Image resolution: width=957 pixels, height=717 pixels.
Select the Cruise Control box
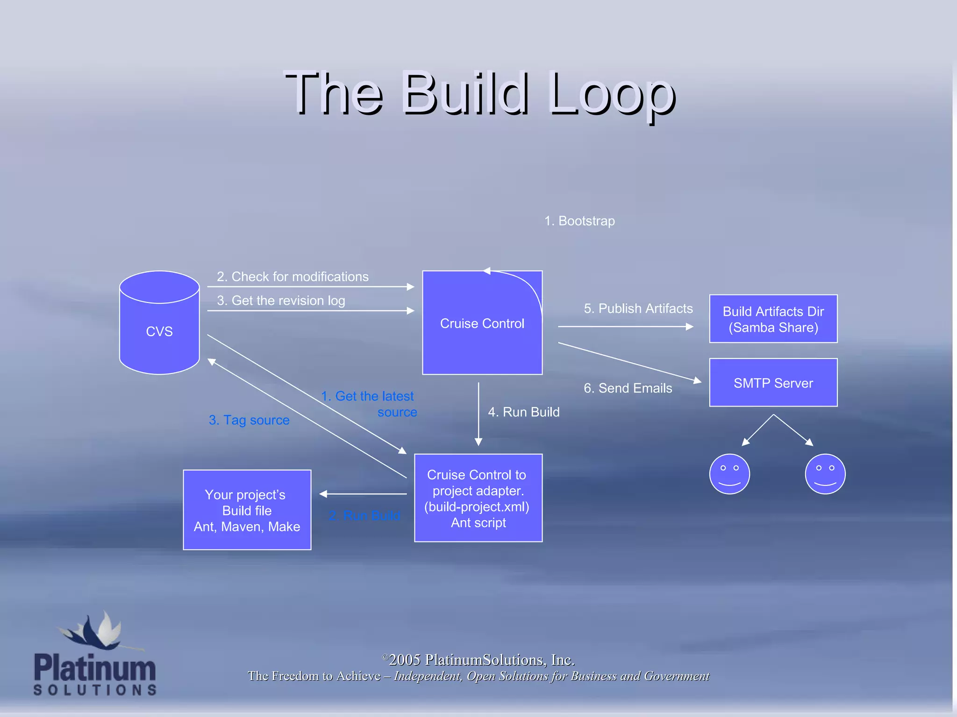click(482, 323)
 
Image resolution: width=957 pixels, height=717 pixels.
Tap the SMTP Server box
click(773, 383)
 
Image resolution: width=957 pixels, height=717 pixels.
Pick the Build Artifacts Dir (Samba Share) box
click(773, 319)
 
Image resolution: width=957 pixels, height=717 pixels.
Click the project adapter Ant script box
click(478, 498)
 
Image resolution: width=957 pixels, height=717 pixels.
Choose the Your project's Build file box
click(247, 510)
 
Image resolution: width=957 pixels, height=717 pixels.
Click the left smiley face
click(729, 474)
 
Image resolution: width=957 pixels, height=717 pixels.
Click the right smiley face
click(825, 474)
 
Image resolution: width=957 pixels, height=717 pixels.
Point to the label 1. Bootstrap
click(579, 221)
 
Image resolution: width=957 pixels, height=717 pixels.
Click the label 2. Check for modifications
click(293, 276)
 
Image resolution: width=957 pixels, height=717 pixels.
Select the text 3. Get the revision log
click(281, 300)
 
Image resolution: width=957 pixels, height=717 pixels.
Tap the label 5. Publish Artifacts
click(638, 309)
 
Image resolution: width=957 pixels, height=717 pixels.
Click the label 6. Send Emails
click(628, 388)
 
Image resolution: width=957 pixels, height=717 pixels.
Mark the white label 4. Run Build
click(523, 412)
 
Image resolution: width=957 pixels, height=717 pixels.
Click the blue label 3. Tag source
click(249, 420)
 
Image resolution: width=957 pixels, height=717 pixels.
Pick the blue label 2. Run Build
click(364, 515)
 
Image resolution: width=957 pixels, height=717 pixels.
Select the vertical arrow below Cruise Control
click(478, 413)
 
